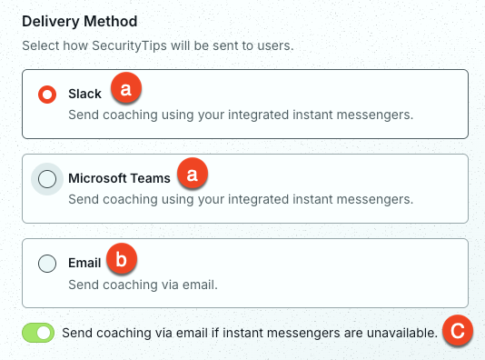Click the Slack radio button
(x=47, y=95)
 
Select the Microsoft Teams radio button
(x=47, y=179)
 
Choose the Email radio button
(x=47, y=264)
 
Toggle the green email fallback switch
(x=38, y=333)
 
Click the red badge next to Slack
(x=126, y=88)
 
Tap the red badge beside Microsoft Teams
(x=193, y=173)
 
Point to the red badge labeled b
(x=122, y=258)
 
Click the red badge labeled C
(x=458, y=330)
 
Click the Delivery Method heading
(x=80, y=21)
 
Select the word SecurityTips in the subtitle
(x=129, y=45)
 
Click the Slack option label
(x=84, y=94)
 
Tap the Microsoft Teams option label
(x=119, y=178)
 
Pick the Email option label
(x=84, y=263)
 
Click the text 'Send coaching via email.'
(x=143, y=285)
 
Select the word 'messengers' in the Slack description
(x=373, y=115)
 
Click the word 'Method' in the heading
(x=111, y=21)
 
